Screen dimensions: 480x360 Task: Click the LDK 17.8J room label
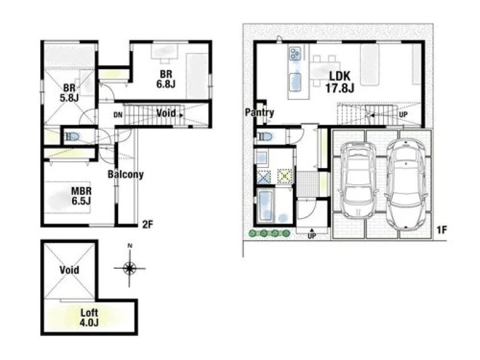[340, 82]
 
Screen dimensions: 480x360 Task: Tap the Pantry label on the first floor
[259, 112]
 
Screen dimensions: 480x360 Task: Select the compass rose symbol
[130, 268]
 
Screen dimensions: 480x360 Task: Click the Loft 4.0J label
[89, 317]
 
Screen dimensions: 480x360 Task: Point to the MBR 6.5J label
[81, 196]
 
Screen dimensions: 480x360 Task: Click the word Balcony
[125, 174]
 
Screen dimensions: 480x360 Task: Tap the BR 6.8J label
[166, 79]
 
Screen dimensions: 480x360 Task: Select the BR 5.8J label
[69, 93]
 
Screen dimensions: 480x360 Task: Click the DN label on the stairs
[118, 115]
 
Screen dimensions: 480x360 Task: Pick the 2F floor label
[147, 224]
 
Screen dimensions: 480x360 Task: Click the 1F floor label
[442, 230]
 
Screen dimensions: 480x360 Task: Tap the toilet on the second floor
[72, 137]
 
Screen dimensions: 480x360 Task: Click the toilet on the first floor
[265, 136]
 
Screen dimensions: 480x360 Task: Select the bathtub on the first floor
[266, 205]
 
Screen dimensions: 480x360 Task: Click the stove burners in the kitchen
[295, 53]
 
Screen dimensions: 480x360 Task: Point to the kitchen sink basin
[295, 82]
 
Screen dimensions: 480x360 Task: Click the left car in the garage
[357, 180]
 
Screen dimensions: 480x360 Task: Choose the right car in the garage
[406, 185]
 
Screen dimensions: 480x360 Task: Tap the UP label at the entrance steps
[311, 236]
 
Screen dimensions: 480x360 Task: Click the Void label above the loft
[69, 270]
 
